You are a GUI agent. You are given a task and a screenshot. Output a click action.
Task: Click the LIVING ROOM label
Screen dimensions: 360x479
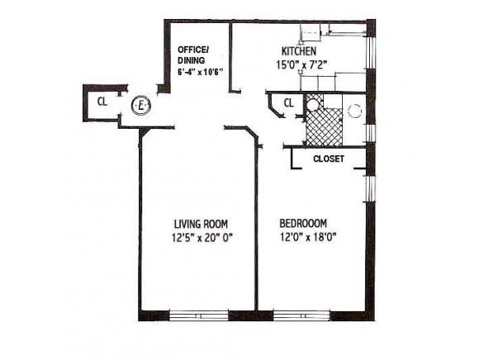201,224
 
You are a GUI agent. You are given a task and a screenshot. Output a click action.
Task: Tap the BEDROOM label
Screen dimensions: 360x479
303,224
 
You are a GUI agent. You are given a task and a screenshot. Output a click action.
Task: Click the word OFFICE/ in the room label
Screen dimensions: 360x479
193,49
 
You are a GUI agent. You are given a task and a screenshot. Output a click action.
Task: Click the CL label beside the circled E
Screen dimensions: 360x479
102,102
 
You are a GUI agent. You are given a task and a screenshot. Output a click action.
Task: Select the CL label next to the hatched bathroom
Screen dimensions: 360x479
288,102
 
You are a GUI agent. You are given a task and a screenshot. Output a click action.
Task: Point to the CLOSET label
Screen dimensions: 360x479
328,158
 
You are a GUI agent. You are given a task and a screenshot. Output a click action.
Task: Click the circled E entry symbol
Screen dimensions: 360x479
141,106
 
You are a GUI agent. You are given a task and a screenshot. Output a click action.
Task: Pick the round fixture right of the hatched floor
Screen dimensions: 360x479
355,109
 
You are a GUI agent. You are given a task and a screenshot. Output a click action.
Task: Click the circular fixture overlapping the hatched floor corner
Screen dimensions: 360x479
313,104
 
